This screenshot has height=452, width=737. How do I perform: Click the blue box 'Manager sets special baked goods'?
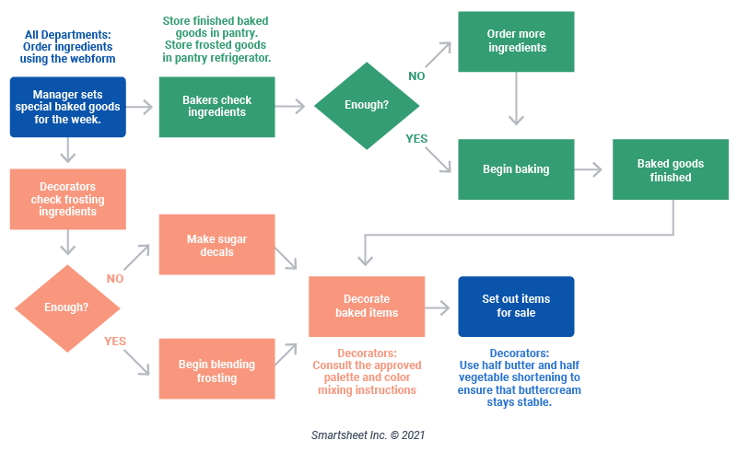[x=66, y=107]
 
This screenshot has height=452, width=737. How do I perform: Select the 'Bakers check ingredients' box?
[x=216, y=107]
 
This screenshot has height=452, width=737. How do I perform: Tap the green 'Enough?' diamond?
[x=367, y=105]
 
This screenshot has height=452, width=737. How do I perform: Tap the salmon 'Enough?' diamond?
[x=66, y=307]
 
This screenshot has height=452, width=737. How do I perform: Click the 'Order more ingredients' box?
[x=516, y=41]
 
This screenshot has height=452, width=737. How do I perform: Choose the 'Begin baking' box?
[x=516, y=169]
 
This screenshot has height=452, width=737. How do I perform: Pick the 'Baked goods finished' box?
[x=670, y=170]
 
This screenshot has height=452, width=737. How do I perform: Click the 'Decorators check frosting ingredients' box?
[x=66, y=199]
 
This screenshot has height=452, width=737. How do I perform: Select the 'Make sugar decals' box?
[x=216, y=245]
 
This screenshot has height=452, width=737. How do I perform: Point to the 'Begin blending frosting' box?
[x=216, y=370]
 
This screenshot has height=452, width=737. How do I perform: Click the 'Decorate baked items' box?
[x=367, y=306]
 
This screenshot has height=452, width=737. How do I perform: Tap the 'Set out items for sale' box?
[x=516, y=306]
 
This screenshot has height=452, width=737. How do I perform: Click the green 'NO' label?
[x=417, y=76]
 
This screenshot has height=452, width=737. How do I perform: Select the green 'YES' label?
[x=417, y=138]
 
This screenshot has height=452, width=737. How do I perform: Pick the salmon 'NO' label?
[x=115, y=278]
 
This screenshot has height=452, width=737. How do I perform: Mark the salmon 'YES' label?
[x=115, y=341]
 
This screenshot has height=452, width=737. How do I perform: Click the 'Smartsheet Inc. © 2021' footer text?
[x=368, y=435]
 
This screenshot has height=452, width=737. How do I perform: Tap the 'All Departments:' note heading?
[x=66, y=36]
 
